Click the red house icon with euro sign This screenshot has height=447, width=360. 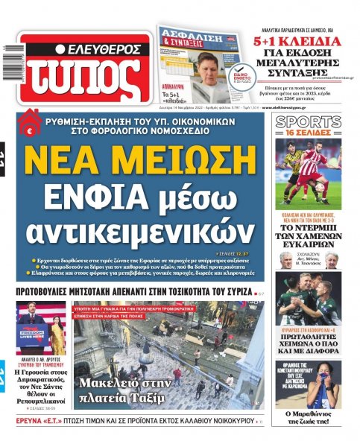tap(31, 121)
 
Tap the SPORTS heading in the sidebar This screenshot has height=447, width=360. tap(309, 122)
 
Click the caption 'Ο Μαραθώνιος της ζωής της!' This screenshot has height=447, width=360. tap(309, 418)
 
